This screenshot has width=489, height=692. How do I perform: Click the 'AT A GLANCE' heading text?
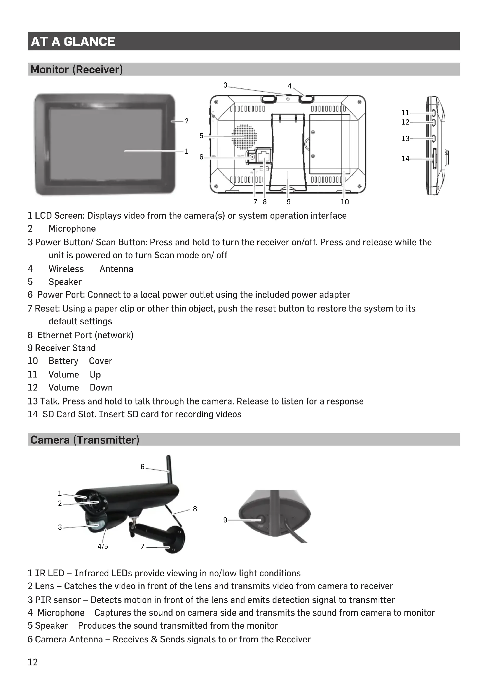pos(73,42)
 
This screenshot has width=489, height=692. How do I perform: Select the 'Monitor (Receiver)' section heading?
pos(77,69)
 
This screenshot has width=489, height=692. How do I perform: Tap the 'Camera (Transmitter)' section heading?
pos(85,440)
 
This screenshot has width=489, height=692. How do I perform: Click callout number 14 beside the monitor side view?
pos(405,159)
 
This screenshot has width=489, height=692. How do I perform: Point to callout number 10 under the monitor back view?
pos(345,202)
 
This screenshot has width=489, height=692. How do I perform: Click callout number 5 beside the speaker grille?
pos(201,136)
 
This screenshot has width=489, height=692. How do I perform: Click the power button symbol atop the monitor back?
pos(288,99)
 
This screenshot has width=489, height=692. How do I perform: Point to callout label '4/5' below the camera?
pos(103,546)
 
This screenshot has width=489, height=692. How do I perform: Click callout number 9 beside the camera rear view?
pos(225,520)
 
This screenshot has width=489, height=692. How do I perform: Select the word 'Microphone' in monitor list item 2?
pos(72,228)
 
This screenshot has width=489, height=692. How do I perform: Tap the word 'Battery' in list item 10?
pos(63,361)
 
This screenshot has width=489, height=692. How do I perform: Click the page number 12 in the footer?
pos(33,662)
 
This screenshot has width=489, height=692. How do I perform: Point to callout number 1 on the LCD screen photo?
pos(186,151)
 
